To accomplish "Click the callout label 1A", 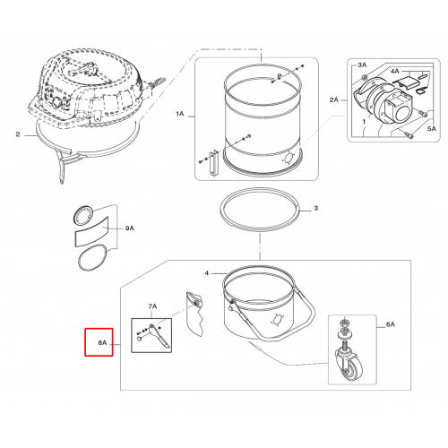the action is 179,114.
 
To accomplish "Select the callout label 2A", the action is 334,99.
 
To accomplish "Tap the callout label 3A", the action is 362,65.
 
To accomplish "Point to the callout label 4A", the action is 395,71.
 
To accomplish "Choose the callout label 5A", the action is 432,129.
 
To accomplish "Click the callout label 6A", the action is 391,324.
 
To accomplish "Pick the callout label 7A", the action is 152,306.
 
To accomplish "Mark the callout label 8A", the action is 102,343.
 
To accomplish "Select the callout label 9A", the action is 130,228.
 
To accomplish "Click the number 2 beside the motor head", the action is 18,134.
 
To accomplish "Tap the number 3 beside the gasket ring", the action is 316,208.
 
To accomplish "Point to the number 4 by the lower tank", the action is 207,273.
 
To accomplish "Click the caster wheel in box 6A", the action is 349,365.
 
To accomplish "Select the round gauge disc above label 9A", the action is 83,215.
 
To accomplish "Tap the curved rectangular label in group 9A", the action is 91,232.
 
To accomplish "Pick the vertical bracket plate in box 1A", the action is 214,163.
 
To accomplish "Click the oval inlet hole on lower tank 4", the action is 277,321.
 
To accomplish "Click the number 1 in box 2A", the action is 364,122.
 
